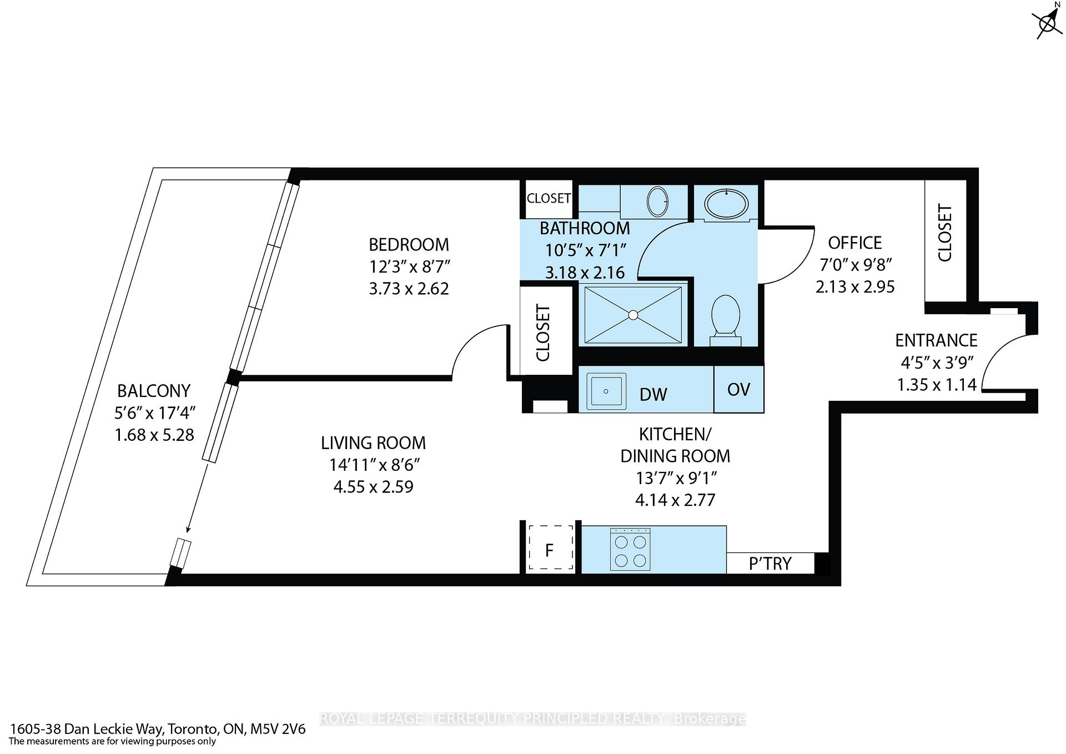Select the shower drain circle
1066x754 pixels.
(x=633, y=315)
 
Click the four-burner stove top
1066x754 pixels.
(x=630, y=550)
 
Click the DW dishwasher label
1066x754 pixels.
(x=653, y=395)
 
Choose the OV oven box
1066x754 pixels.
(x=738, y=389)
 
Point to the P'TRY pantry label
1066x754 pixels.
(x=770, y=564)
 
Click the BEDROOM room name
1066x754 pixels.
(x=409, y=244)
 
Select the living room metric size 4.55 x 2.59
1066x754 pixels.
(x=373, y=487)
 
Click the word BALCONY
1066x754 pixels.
(x=154, y=391)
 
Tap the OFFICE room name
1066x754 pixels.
(x=854, y=243)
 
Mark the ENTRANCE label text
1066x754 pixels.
(x=936, y=340)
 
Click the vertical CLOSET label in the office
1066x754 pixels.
(x=944, y=233)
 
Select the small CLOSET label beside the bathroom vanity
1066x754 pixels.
(x=549, y=198)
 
